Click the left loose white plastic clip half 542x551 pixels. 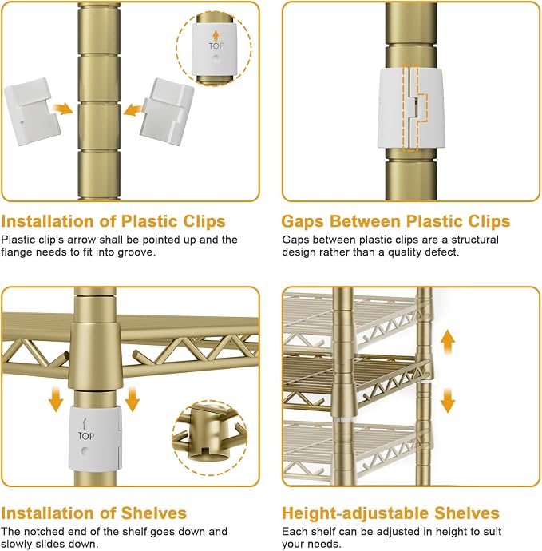pyautogui.click(x=32, y=111)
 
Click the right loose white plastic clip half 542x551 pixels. pyautogui.click(x=167, y=112)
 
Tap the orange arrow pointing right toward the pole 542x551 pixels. pyautogui.click(x=62, y=109)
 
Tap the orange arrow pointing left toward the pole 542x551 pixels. pyautogui.click(x=133, y=109)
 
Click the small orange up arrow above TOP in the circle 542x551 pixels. pyautogui.click(x=216, y=35)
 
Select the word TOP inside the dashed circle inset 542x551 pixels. pyautogui.click(x=216, y=46)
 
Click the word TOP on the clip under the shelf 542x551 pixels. pyautogui.click(x=86, y=436)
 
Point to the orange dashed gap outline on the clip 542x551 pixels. pyautogui.click(x=416, y=109)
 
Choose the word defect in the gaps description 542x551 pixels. pyautogui.click(x=441, y=252)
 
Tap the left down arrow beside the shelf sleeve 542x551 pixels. pyautogui.click(x=56, y=399)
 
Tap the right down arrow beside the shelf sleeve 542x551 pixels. pyautogui.click(x=132, y=399)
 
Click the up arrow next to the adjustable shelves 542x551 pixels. pyautogui.click(x=448, y=342)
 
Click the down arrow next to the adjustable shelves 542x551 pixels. pyautogui.click(x=448, y=400)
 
